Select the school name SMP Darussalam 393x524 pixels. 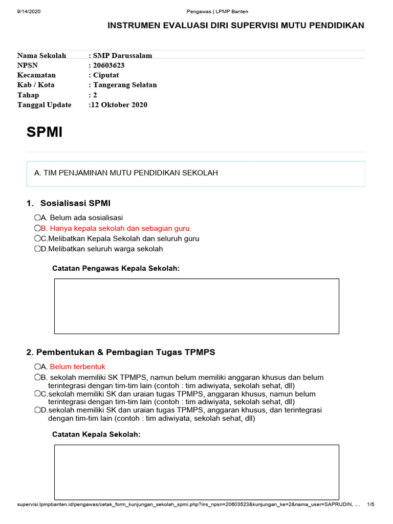[x=122, y=56]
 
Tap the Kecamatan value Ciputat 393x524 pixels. [x=105, y=75]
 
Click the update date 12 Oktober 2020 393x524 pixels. [x=119, y=105]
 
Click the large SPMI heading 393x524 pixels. [x=45, y=133]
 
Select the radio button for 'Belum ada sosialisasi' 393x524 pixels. [x=37, y=217]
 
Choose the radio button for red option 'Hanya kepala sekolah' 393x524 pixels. [x=37, y=228]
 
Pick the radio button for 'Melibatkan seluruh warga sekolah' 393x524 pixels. [x=37, y=249]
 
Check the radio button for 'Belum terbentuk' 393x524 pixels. [x=37, y=366]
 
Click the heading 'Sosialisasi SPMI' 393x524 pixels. [x=75, y=203]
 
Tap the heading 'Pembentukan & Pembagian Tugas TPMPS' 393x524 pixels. [x=121, y=352]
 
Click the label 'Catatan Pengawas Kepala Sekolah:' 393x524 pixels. [x=116, y=268]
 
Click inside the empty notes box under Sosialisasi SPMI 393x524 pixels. [x=196, y=306]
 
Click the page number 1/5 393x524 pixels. [x=371, y=505]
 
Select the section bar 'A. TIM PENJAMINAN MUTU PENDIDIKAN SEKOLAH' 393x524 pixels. [x=195, y=173]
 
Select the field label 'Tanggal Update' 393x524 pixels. [x=45, y=105]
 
